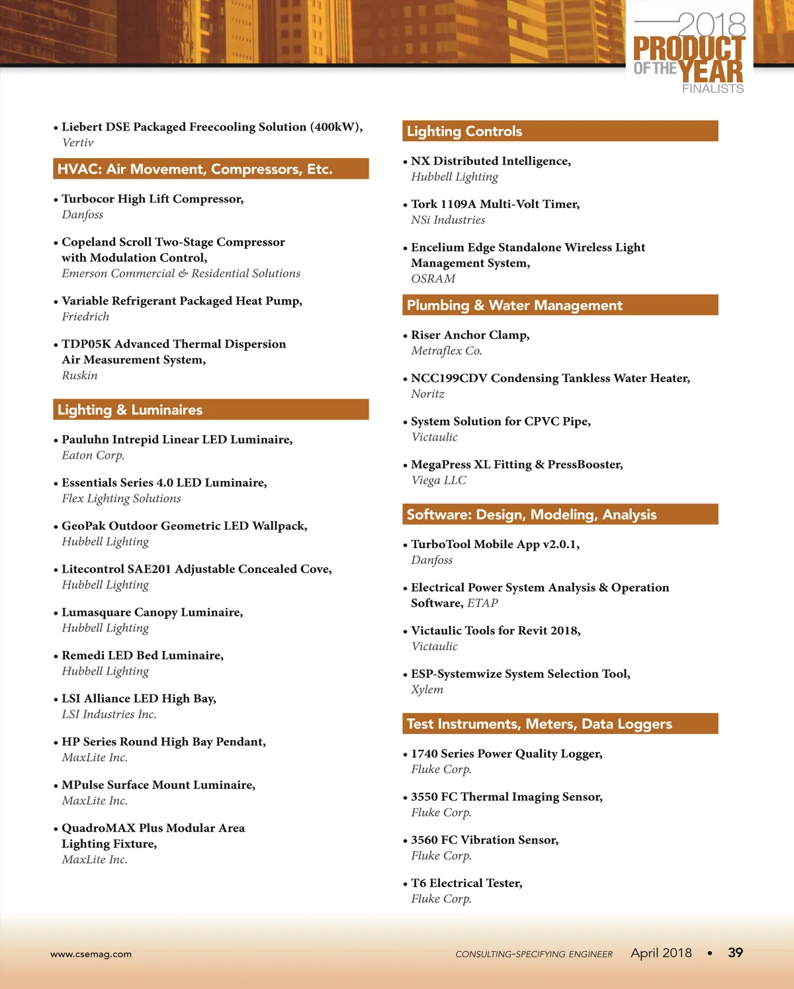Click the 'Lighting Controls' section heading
[x=464, y=131]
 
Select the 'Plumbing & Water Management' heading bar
[x=515, y=305]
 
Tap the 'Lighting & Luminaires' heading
[x=130, y=410]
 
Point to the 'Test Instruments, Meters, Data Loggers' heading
[x=539, y=724]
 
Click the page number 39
[x=735, y=953]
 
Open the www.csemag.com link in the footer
[x=91, y=954]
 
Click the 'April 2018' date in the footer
[x=661, y=953]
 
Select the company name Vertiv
[x=78, y=142]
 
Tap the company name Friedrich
[x=85, y=316]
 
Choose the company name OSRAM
[x=433, y=279]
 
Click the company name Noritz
[x=428, y=394]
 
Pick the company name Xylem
[x=427, y=689]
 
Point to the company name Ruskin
[x=80, y=375]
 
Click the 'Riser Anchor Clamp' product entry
[x=470, y=335]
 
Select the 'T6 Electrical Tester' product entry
[x=466, y=883]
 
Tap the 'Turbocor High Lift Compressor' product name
[x=152, y=199]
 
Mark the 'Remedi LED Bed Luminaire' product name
[x=142, y=655]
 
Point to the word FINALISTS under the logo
[x=713, y=89]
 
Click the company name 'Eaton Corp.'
[x=93, y=455]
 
